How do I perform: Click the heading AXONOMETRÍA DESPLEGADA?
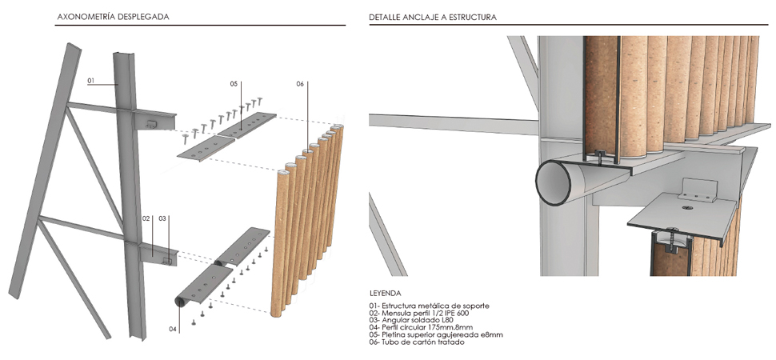click(x=113, y=17)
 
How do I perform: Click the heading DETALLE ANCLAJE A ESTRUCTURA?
click(x=433, y=17)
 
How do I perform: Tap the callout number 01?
click(x=91, y=80)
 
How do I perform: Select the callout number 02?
click(x=146, y=218)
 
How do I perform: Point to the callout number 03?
click(x=162, y=218)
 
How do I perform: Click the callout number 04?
click(x=172, y=329)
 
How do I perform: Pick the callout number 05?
click(x=234, y=84)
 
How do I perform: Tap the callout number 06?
click(x=300, y=84)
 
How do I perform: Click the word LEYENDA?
click(x=385, y=293)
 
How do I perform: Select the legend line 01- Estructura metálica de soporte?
click(x=429, y=306)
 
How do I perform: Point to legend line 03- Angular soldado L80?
click(x=410, y=320)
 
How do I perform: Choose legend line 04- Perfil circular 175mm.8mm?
click(x=421, y=327)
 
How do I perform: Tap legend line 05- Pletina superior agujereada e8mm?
click(x=436, y=334)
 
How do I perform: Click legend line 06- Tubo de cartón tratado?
click(x=417, y=342)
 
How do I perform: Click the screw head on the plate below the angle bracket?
click(x=688, y=208)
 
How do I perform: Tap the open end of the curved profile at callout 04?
click(x=180, y=302)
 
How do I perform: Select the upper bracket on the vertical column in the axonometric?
click(x=154, y=120)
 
